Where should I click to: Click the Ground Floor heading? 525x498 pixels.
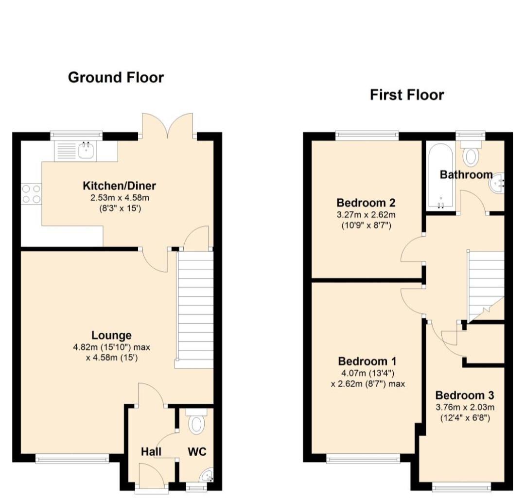pyautogui.click(x=116, y=77)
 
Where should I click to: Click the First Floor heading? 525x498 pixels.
pyautogui.click(x=406, y=94)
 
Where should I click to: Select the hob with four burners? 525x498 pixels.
pyautogui.click(x=31, y=194)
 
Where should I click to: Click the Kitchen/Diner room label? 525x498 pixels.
pyautogui.click(x=119, y=186)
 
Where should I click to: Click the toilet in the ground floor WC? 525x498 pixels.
pyautogui.click(x=196, y=423)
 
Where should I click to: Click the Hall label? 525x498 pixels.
pyautogui.click(x=151, y=452)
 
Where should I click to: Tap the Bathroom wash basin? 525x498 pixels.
pyautogui.click(x=498, y=184)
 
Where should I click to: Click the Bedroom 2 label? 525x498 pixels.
pyautogui.click(x=366, y=203)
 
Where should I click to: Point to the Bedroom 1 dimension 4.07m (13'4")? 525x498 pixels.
pyautogui.click(x=367, y=373)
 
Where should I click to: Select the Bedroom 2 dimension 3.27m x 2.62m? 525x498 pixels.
pyautogui.click(x=366, y=214)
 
